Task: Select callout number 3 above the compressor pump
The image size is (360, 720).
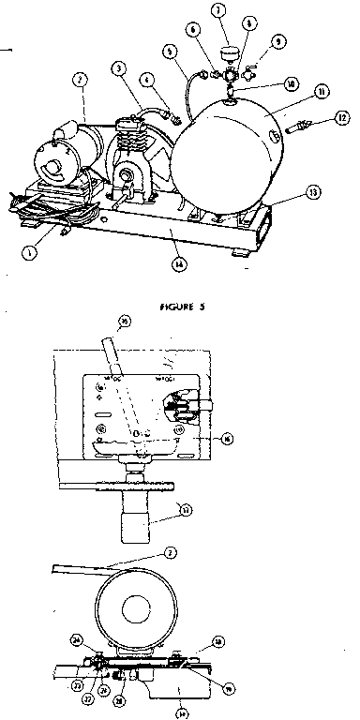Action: coord(120,67)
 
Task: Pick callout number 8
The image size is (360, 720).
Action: coord(247,20)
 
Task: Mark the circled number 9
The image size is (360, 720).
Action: coord(279,42)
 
